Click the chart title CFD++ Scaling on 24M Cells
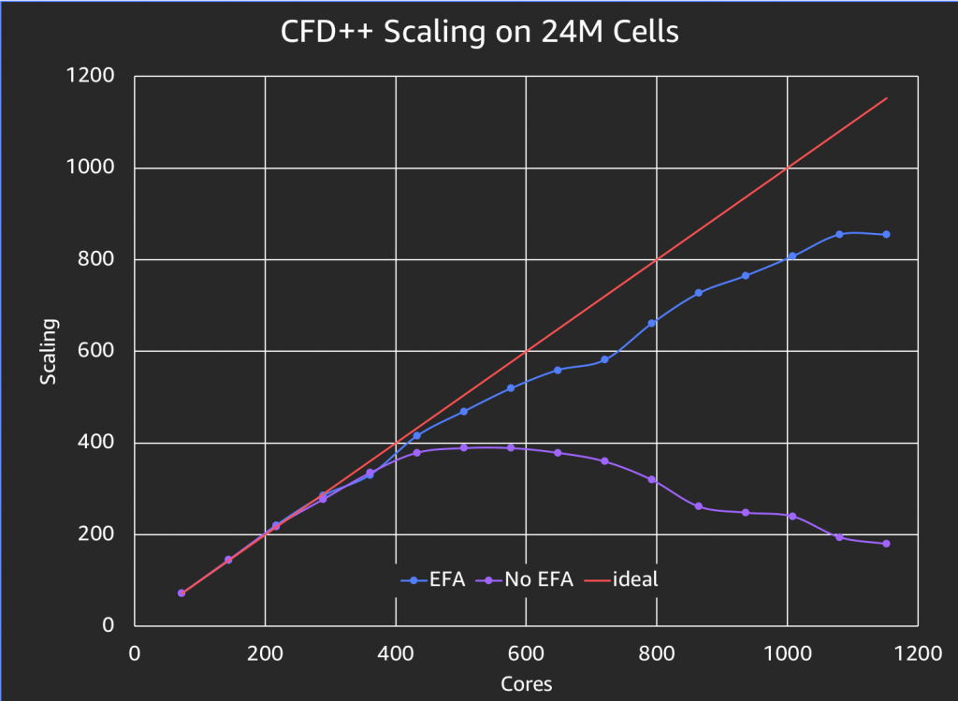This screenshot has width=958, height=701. pyautogui.click(x=479, y=33)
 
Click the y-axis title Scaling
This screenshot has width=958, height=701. pyautogui.click(x=48, y=352)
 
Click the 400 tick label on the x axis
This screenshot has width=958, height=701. pyautogui.click(x=396, y=651)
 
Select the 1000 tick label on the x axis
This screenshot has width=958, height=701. pyautogui.click(x=787, y=651)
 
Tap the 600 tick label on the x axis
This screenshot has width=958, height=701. pyautogui.click(x=526, y=651)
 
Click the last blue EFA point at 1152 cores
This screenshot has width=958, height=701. pyautogui.click(x=886, y=234)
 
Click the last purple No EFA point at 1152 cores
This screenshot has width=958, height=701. pyautogui.click(x=886, y=544)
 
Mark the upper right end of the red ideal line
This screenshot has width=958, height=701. pyautogui.click(x=886, y=98)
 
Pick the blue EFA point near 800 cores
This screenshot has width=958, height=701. pyautogui.click(x=652, y=323)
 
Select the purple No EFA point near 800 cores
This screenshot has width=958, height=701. pyautogui.click(x=652, y=479)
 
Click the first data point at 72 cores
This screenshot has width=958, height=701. pyautogui.click(x=181, y=593)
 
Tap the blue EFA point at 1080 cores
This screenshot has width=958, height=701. pyautogui.click(x=839, y=234)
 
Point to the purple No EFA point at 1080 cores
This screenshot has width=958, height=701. pyautogui.click(x=839, y=537)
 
